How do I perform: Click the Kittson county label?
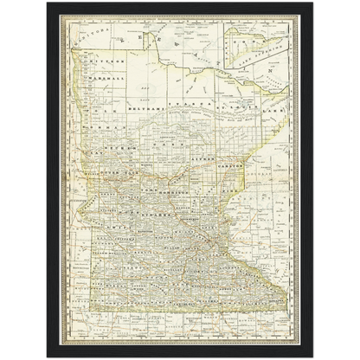click(x=101, y=63)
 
